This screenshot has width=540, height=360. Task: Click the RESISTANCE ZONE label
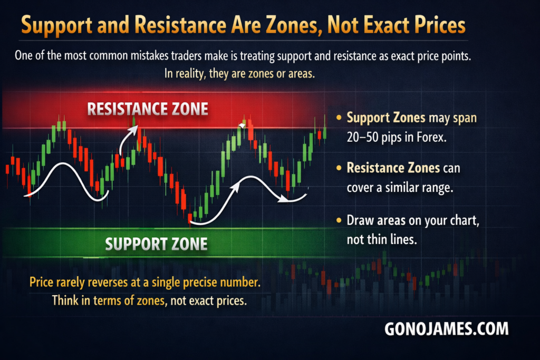pos(148,109)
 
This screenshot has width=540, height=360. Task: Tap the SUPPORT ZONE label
pos(156,244)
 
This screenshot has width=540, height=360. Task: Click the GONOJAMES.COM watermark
pos(446,329)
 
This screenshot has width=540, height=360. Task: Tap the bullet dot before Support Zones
pos(339,118)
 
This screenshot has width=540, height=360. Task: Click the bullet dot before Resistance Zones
pos(339,168)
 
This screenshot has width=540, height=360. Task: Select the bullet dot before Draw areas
pos(339,220)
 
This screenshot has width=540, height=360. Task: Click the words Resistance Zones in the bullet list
pos(393,168)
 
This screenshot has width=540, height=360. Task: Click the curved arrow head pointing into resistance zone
pos(133,129)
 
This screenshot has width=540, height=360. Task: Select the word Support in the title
pos(57,26)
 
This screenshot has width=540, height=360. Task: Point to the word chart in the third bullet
pos(465,221)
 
